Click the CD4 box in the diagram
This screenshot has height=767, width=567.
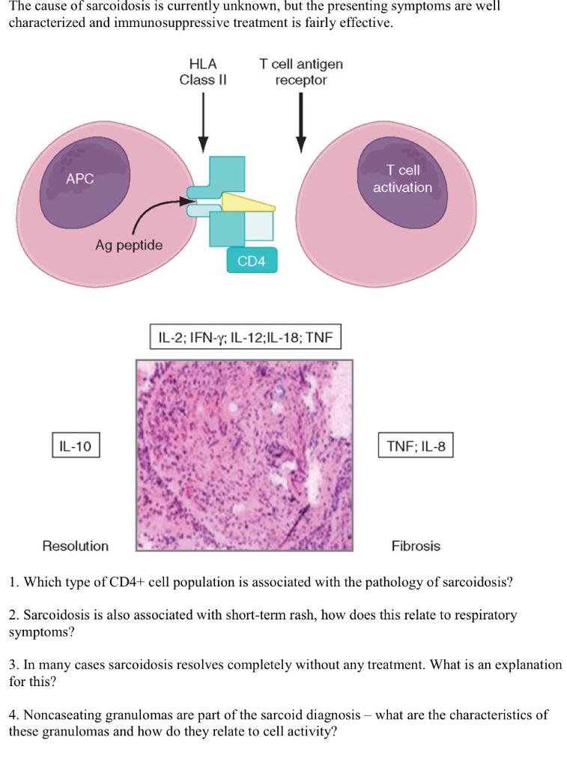(251, 261)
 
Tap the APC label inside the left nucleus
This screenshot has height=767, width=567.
(80, 179)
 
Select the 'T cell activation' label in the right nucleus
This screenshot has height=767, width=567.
(402, 179)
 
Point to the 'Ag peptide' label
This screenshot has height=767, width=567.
(129, 245)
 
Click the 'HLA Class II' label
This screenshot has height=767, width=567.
(202, 72)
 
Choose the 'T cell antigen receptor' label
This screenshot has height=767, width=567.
(300, 72)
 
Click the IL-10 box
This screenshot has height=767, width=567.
(75, 446)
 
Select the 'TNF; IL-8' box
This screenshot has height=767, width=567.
(416, 446)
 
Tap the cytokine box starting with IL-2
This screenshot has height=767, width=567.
(245, 338)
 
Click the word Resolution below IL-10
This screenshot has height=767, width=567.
(75, 546)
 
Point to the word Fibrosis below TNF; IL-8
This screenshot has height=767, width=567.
(416, 546)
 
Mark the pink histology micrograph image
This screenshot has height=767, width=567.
(243, 455)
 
